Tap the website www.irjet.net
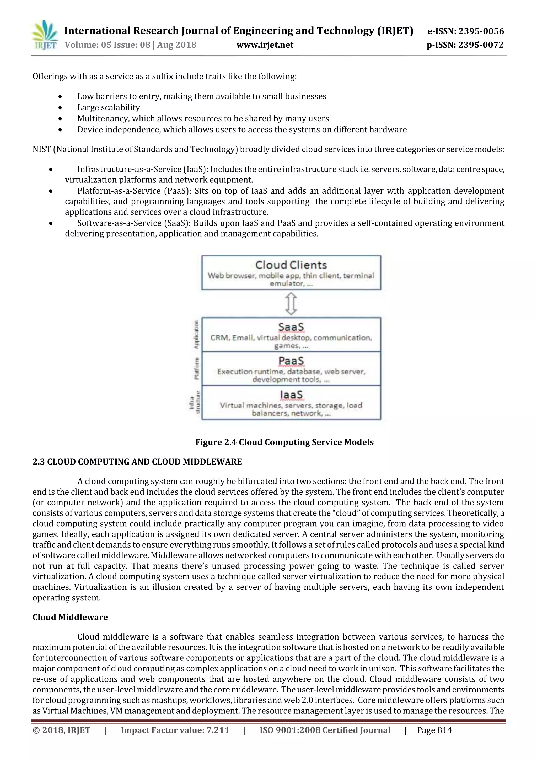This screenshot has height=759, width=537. click(x=265, y=45)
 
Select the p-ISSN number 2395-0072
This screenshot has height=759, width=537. click(x=481, y=45)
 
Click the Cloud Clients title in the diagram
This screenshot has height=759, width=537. click(x=291, y=265)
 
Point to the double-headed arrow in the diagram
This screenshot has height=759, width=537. click(x=291, y=304)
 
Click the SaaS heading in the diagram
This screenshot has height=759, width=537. click(x=291, y=327)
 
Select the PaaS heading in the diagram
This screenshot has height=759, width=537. click(x=291, y=361)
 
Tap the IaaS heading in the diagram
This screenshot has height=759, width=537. click(x=291, y=395)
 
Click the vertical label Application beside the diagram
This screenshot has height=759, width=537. click(x=196, y=335)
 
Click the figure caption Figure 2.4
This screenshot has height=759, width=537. click(x=284, y=442)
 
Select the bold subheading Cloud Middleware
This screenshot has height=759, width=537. click(x=70, y=617)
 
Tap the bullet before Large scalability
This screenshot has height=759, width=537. click(x=60, y=108)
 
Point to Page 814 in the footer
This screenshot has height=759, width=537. click(x=434, y=730)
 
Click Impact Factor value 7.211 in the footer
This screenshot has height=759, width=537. click(x=175, y=730)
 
